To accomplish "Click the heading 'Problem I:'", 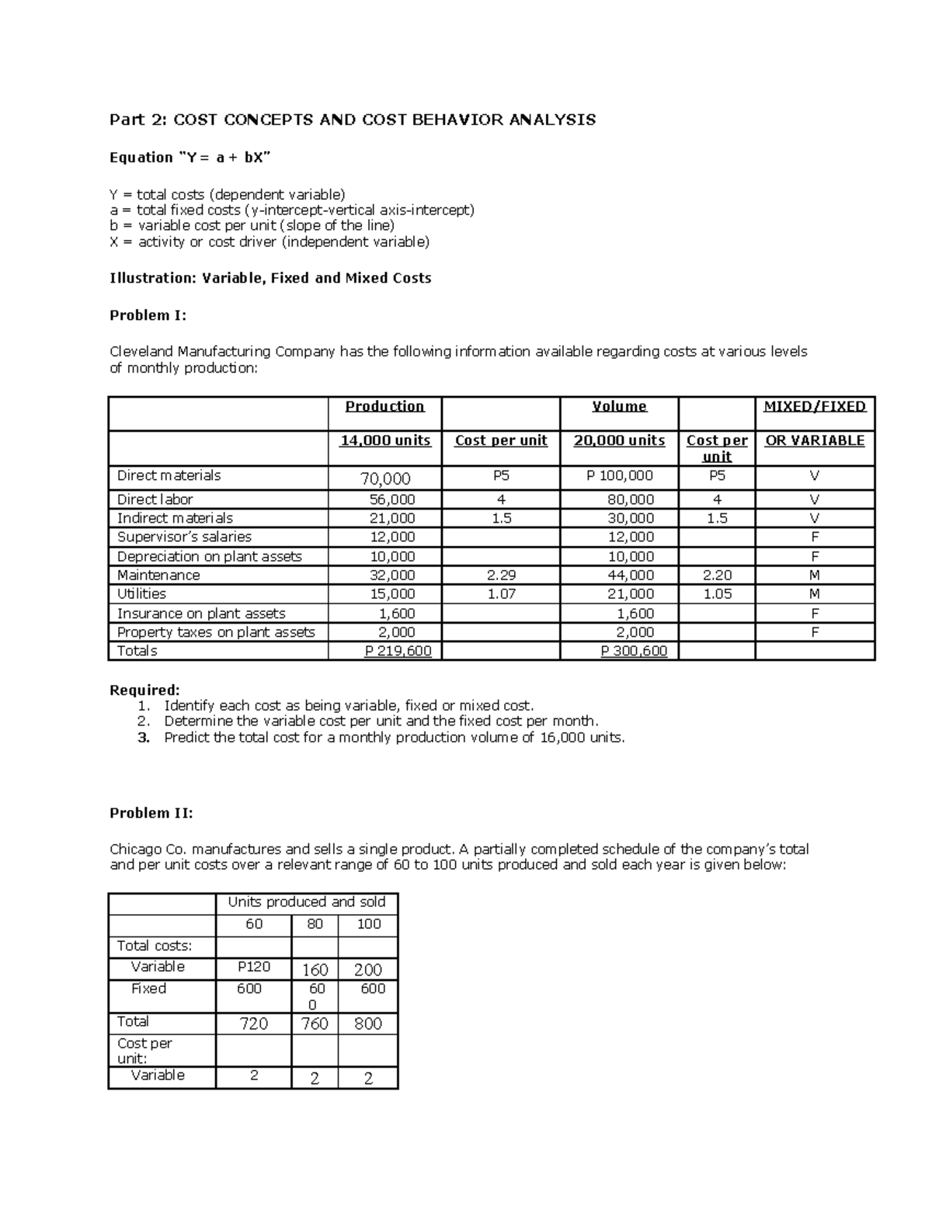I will pyautogui.click(x=148, y=315).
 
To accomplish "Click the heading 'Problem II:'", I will pyautogui.click(x=151, y=813).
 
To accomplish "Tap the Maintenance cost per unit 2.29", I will pyautogui.click(x=501, y=575).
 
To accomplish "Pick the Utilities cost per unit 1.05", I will pyautogui.click(x=716, y=594).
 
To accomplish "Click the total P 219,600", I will pyautogui.click(x=398, y=651).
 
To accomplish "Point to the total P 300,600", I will pyautogui.click(x=634, y=651).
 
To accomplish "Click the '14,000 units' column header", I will pyautogui.click(x=385, y=440).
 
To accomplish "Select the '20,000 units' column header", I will pyautogui.click(x=619, y=440).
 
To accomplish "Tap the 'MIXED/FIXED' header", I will pyautogui.click(x=815, y=406).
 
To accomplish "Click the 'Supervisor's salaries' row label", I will pyautogui.click(x=184, y=537).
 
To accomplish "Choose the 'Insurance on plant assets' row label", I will pyautogui.click(x=201, y=613).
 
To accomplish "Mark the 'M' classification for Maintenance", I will pyautogui.click(x=815, y=575).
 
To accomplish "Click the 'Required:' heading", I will pyautogui.click(x=144, y=690).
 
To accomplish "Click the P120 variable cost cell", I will pyautogui.click(x=253, y=967).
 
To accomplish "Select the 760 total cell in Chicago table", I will pyautogui.click(x=315, y=1024).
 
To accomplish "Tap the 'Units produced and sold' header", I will pyautogui.click(x=306, y=902).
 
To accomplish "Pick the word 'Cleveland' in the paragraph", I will pyautogui.click(x=141, y=352).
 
